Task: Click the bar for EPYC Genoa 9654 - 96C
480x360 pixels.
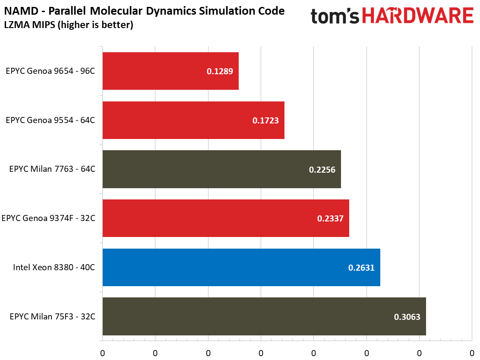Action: (x=171, y=71)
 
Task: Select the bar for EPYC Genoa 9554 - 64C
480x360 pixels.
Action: (x=193, y=120)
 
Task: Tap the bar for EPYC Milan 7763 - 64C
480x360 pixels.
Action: (x=221, y=169)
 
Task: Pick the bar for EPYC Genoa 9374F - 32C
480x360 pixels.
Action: (x=226, y=218)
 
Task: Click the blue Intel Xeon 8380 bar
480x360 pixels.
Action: (x=241, y=267)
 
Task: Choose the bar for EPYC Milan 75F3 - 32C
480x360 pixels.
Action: (x=264, y=316)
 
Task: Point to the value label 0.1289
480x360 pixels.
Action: (x=220, y=72)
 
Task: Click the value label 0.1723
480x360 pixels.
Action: (x=265, y=121)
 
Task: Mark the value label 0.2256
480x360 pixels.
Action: (x=322, y=170)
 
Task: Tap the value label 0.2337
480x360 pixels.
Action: (x=330, y=219)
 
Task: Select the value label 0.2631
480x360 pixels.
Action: (x=361, y=268)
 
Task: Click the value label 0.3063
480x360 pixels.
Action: (x=407, y=317)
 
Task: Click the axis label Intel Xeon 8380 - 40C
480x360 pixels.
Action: (x=54, y=267)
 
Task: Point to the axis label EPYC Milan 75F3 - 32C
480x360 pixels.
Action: (x=52, y=316)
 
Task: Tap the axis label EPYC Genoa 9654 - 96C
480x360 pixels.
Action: (x=51, y=71)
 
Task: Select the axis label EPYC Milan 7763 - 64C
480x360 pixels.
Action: (x=52, y=169)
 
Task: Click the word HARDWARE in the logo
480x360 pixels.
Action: (x=417, y=16)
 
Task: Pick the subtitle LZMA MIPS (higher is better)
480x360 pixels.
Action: (x=69, y=25)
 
